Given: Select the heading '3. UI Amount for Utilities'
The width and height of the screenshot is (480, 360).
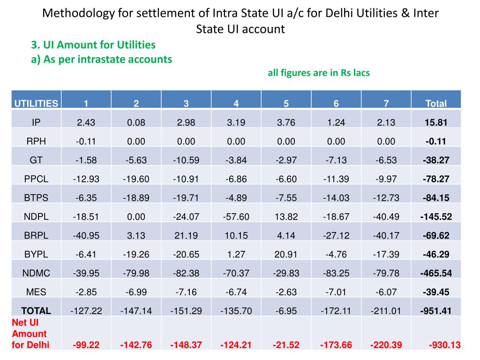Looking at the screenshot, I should (x=93, y=45).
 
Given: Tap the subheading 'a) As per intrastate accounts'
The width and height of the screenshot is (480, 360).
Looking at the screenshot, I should (x=101, y=60).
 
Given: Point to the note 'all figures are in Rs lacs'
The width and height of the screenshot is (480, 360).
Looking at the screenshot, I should (x=319, y=73).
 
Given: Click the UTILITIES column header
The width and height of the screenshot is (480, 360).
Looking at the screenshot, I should (x=36, y=104).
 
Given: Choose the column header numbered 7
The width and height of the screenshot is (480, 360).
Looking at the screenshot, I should (x=386, y=104).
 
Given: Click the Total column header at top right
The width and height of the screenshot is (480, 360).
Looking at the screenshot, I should (x=436, y=104).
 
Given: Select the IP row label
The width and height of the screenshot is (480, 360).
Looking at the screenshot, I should (x=36, y=123).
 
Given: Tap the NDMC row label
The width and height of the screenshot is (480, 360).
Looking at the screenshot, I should (x=36, y=273).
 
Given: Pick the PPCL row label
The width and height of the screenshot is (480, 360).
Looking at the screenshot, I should (x=36, y=179).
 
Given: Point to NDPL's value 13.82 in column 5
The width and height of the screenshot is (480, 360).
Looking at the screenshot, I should (x=286, y=217).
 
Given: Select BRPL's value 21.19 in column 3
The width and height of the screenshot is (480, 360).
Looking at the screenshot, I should (x=186, y=235).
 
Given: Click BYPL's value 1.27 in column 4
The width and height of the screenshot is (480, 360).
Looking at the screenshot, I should (x=236, y=254).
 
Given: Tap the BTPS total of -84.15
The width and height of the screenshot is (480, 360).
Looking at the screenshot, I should (x=436, y=198).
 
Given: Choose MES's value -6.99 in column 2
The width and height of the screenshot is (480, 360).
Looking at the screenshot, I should (x=136, y=292).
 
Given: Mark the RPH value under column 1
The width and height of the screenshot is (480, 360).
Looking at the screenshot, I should (x=86, y=142).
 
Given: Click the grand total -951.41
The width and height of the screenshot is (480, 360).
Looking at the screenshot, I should (x=436, y=310).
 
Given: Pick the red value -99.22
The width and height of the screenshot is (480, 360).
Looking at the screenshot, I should (x=86, y=345).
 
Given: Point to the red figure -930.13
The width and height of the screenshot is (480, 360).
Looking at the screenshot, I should (x=444, y=345).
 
